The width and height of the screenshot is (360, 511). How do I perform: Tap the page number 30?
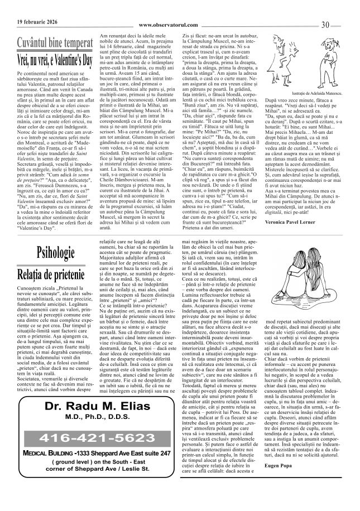342,23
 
